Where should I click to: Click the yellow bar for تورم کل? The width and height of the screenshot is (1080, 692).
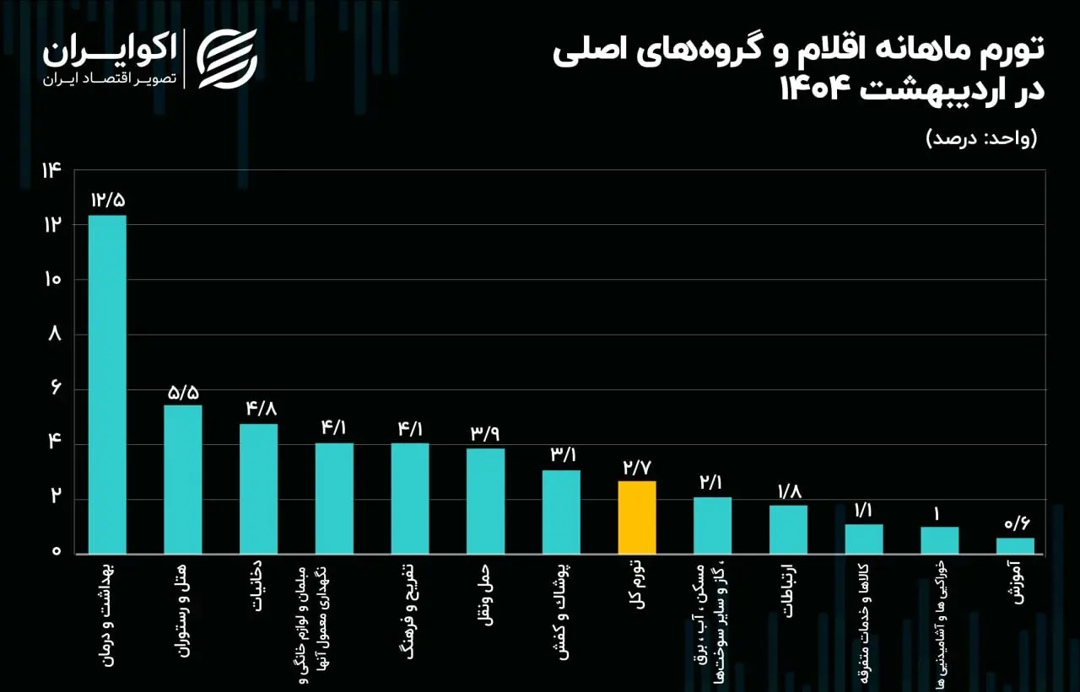pos(637,518)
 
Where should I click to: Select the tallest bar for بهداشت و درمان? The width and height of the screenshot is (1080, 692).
pos(107,384)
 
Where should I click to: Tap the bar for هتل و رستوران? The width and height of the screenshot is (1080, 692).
pos(183,480)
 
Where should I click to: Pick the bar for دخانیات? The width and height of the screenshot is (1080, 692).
pos(258,489)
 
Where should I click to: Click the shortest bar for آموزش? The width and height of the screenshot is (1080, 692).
pos(1015,546)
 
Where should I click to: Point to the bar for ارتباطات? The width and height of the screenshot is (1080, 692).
pos(788,529)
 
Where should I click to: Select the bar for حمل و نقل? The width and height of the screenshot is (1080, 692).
pos(485,501)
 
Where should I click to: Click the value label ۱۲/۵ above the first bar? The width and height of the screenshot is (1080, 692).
pos(108,201)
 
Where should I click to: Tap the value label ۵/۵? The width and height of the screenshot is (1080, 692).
pos(183,392)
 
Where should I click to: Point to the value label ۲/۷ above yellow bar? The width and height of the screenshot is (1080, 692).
pos(637,467)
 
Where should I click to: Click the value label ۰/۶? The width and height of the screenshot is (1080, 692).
pos(1016,524)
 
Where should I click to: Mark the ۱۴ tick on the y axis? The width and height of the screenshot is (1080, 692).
pos(51,170)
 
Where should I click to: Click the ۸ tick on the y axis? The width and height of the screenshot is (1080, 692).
pos(55,335)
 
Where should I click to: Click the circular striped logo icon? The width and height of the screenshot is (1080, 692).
pos(227,58)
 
